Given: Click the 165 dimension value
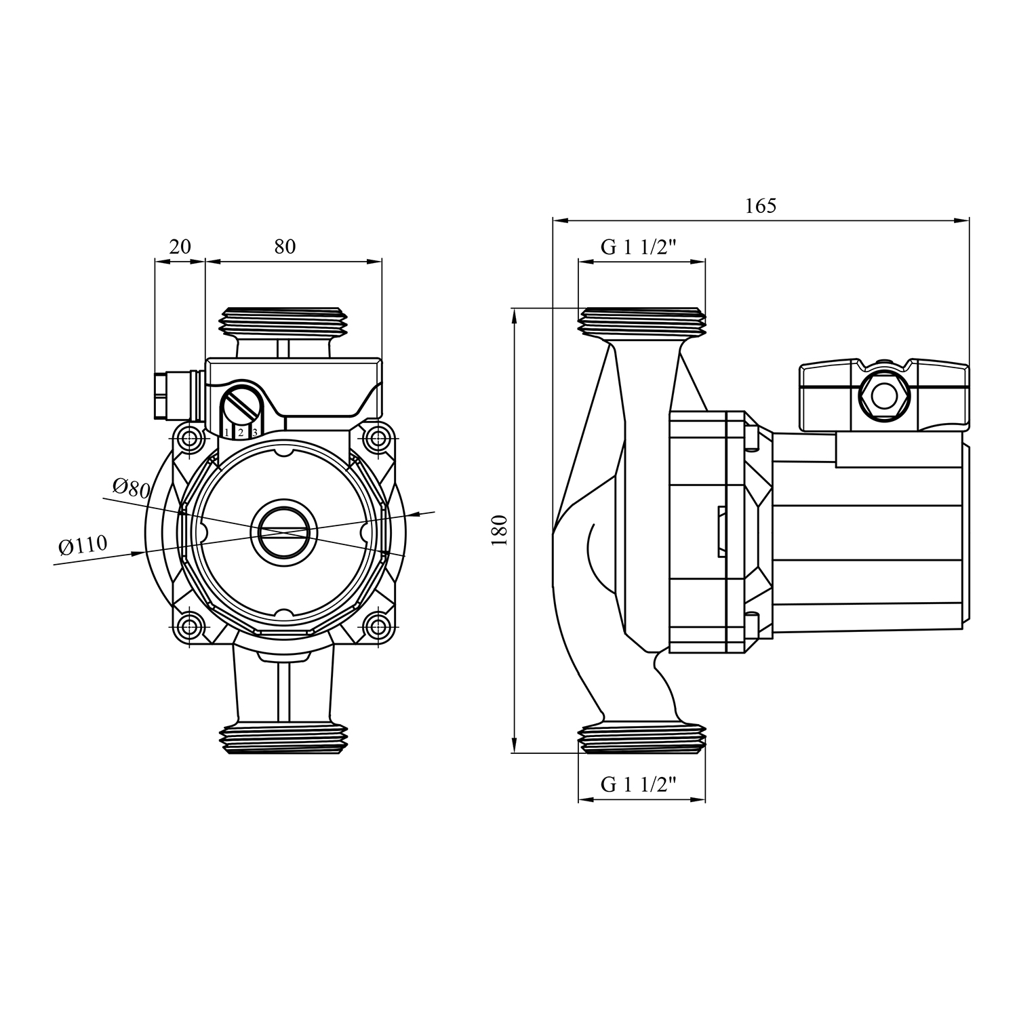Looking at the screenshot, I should point(760,205).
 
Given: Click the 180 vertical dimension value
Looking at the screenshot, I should point(500,530).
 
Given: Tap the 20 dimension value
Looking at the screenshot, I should point(180,246).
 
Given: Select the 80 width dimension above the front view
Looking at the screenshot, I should point(285,246).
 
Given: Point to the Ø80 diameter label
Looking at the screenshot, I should point(131,487).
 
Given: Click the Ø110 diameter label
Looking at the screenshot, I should point(83,545).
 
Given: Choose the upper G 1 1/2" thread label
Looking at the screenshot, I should point(639,247).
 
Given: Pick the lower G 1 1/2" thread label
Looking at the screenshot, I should point(639,785).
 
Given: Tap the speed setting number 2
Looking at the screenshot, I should point(240,433).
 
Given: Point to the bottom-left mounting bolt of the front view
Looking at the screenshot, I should point(191,626).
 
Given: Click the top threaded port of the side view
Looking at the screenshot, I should point(642,321).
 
